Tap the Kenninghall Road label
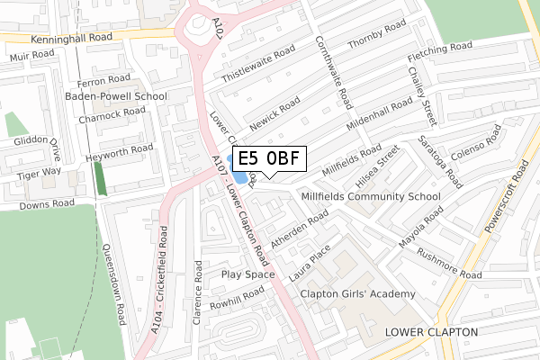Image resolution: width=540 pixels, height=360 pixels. pyautogui.click(x=71, y=40)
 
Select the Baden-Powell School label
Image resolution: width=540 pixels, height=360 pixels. pyautogui.click(x=115, y=95)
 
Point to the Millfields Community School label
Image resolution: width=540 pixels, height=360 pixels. pyautogui.click(x=371, y=196)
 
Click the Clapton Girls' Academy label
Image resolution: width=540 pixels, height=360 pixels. pyautogui.click(x=358, y=294)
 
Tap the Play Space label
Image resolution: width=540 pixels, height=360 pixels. pyautogui.click(x=247, y=274)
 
